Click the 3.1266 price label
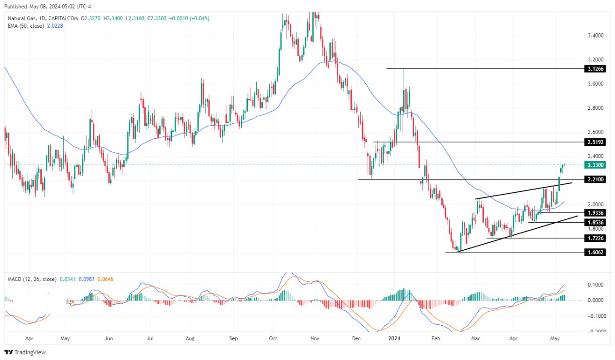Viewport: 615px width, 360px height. (595, 69)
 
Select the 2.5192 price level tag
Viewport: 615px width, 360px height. (595, 142)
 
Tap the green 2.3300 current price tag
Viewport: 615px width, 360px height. (595, 165)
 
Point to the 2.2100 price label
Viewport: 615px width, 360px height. (595, 179)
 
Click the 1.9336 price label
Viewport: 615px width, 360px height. (595, 213)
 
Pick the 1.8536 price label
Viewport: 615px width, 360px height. (595, 222)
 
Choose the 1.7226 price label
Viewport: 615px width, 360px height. (595, 239)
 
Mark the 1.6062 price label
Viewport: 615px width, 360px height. (595, 252)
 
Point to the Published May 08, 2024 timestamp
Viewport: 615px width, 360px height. (42, 7)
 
